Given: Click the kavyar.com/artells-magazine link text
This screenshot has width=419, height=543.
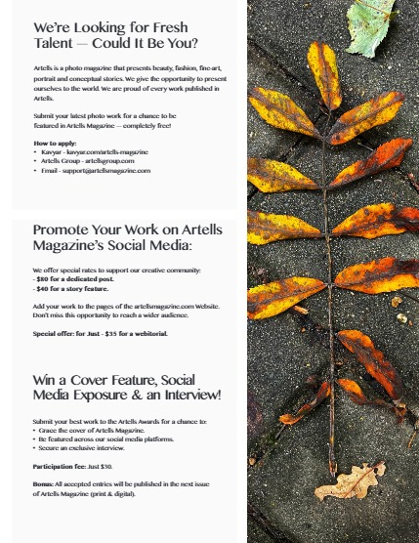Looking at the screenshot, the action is [113, 152].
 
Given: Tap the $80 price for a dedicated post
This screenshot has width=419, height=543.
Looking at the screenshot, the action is [43, 279].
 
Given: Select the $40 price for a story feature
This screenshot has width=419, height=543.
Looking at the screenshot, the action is [43, 289].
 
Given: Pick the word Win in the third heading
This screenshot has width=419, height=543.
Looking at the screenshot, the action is [46, 378].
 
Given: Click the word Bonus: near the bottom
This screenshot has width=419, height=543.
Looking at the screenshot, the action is [44, 484].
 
